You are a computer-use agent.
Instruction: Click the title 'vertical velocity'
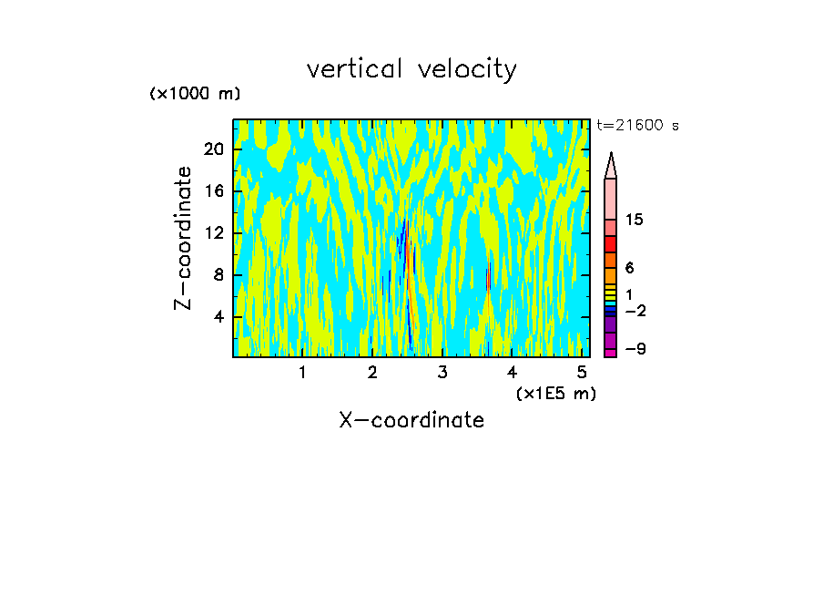coord(411,69)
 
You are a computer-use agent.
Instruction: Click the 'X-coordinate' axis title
coord(411,420)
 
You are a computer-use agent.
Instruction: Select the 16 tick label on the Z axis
coord(212,191)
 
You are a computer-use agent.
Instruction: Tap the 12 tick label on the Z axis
coord(212,233)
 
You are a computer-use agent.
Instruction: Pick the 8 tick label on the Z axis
coord(217,275)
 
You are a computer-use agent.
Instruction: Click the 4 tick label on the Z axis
coord(217,317)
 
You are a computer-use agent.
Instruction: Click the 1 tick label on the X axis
coord(302,373)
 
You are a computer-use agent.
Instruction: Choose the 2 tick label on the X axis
coord(372,373)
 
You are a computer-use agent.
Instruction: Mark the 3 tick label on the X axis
coord(442,373)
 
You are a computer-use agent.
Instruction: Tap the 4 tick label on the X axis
coord(513,373)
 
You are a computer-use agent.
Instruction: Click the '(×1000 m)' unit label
coord(195,94)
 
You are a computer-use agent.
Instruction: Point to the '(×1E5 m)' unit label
coord(555,394)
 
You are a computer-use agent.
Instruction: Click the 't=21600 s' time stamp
coord(637,127)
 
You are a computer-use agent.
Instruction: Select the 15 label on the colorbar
coord(635,221)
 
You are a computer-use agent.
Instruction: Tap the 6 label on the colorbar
coord(629,268)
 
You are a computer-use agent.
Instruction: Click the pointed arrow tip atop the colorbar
coord(611,164)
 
